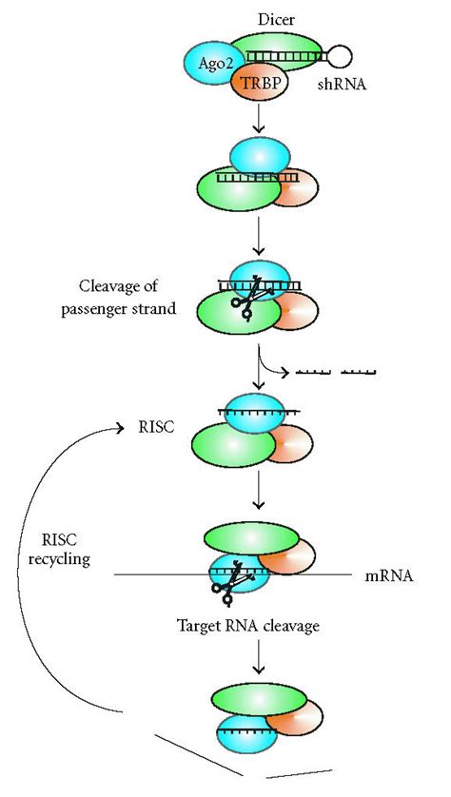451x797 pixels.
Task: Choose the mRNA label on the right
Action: [x=387, y=575]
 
